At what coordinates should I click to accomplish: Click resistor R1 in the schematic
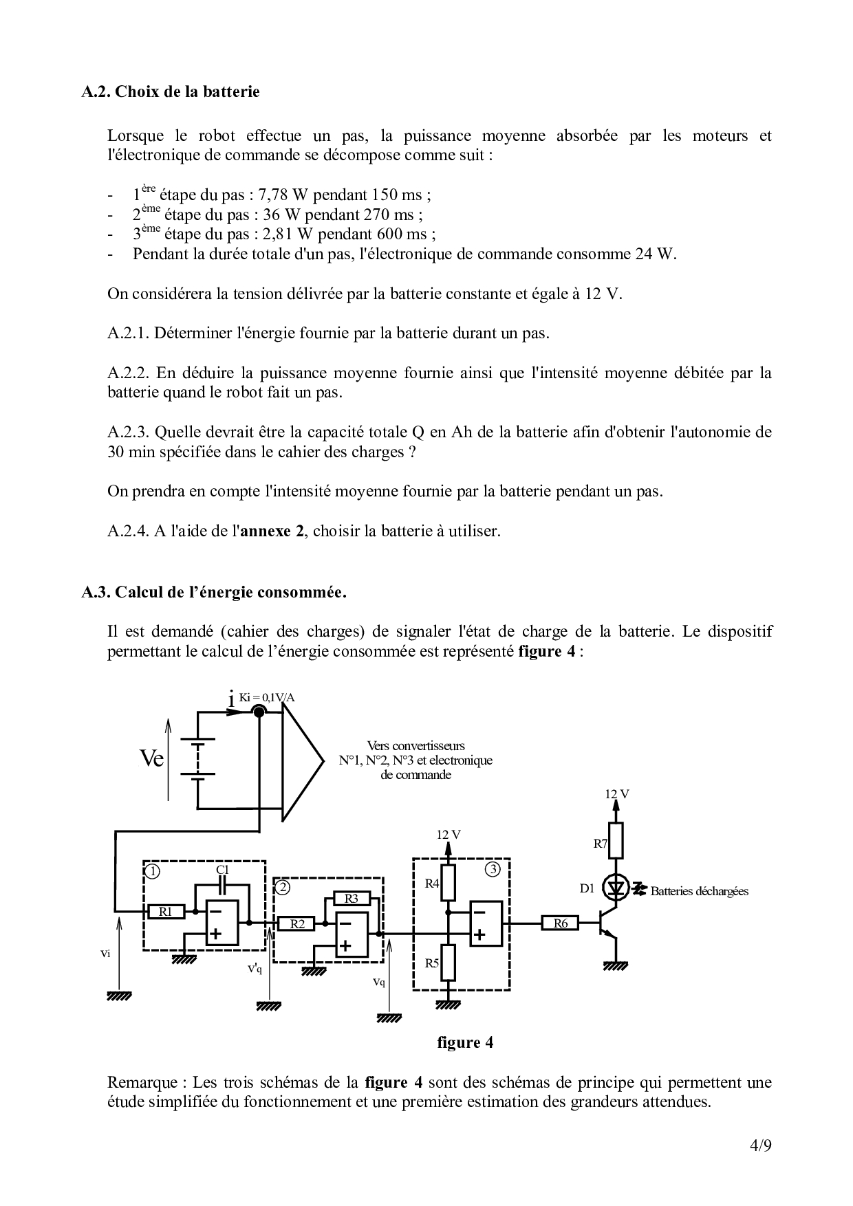(166, 912)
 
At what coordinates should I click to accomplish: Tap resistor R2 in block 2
(297, 923)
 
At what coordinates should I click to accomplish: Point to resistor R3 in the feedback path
(352, 899)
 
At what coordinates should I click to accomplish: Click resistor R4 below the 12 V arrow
(448, 884)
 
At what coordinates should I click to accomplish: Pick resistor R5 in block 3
(448, 962)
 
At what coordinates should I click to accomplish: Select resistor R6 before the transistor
(561, 923)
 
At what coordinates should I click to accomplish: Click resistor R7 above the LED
(616, 841)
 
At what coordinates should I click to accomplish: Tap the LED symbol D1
(616, 889)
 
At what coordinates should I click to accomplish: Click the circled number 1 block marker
(153, 871)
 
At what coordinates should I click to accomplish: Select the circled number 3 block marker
(493, 868)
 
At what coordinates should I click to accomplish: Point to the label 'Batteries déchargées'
(699, 891)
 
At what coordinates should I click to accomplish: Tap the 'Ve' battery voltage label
(151, 758)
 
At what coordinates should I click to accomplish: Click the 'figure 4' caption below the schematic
(465, 1042)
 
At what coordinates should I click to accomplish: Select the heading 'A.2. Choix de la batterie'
(171, 91)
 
